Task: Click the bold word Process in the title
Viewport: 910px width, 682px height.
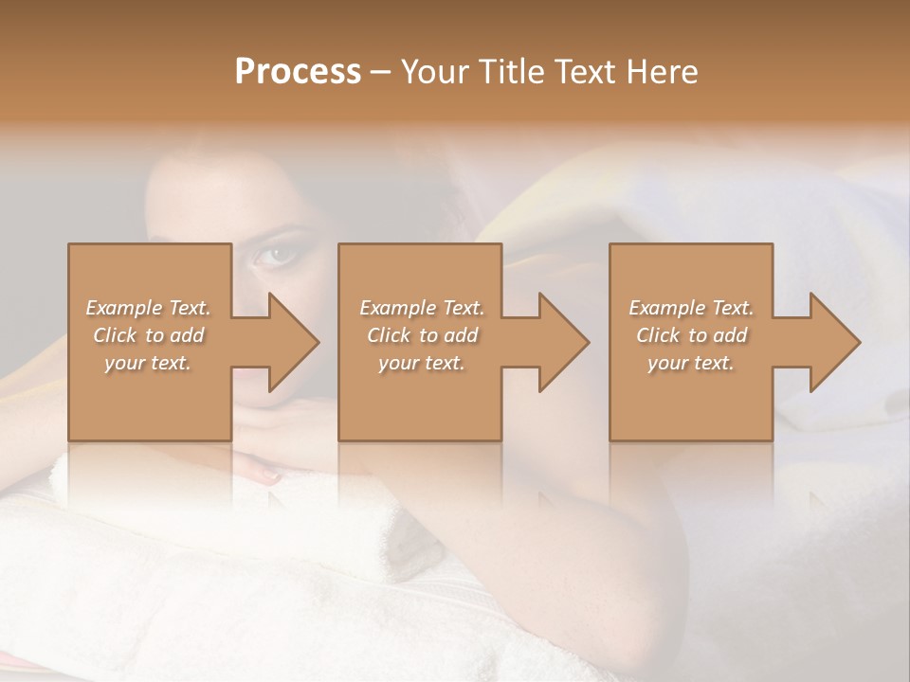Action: pos(298,72)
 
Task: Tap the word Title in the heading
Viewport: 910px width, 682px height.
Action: pos(513,72)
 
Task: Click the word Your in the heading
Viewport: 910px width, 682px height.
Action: pos(437,72)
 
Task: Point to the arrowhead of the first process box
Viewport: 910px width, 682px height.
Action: pos(289,342)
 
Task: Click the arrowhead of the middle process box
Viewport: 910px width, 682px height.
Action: pos(559,342)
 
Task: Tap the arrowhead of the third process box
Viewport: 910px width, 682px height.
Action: pos(830,342)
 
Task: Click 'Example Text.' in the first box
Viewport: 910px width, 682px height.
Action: pos(148,308)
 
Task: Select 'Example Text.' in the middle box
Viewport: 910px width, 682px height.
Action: pos(422,308)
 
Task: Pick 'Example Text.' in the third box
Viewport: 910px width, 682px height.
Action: pos(691,308)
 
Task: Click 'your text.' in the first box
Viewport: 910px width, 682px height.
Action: pos(148,363)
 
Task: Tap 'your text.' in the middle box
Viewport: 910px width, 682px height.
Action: pos(422,363)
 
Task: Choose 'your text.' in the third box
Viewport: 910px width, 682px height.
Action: pos(691,363)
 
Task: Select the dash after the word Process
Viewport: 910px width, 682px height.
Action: pos(381,73)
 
